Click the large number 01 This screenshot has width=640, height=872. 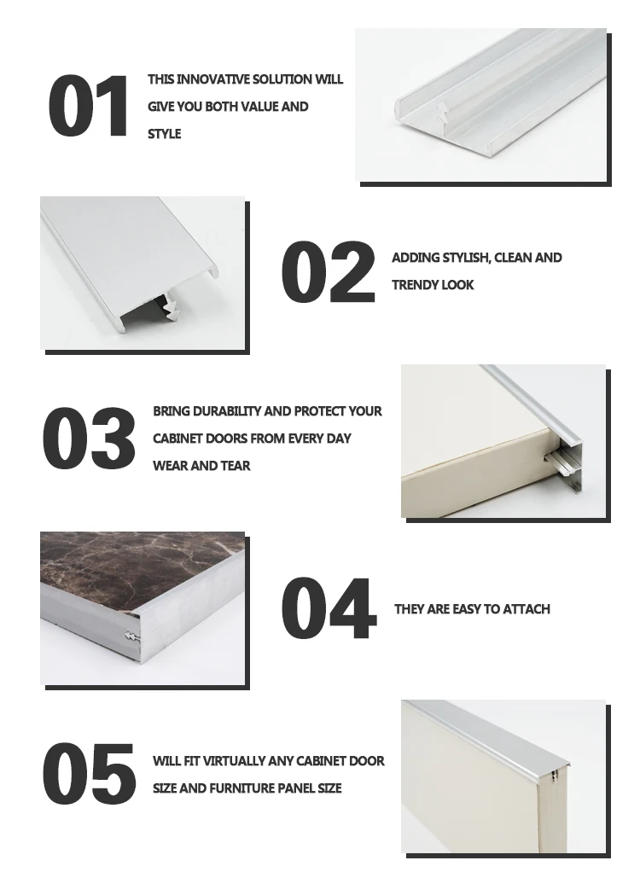88,107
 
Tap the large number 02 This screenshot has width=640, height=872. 328,272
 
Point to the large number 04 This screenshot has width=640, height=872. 329,609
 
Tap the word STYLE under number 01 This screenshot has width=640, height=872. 165,134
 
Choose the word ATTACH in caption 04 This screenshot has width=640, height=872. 527,609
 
